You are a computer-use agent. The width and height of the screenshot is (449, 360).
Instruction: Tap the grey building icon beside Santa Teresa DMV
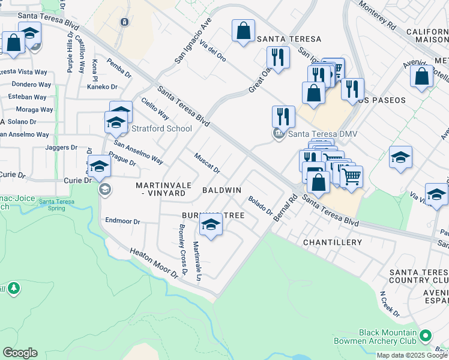(x=278, y=134)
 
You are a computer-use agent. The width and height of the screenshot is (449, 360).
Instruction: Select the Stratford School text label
(x=161, y=128)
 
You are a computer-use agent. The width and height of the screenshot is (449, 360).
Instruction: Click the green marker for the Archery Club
(x=426, y=334)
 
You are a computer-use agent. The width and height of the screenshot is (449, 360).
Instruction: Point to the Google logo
(x=20, y=353)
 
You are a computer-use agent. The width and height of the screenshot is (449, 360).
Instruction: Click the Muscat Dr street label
(x=207, y=163)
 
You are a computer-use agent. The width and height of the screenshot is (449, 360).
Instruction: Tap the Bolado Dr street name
(x=261, y=207)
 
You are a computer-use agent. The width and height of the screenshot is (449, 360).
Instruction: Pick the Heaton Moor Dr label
(x=154, y=263)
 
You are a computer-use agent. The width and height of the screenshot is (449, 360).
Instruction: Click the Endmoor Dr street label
(x=122, y=221)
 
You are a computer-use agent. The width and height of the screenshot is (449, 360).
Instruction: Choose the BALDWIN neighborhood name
(x=221, y=190)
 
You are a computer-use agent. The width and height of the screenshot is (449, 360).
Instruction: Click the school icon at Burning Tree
(x=211, y=225)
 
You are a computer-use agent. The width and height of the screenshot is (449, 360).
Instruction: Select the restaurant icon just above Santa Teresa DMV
(x=283, y=116)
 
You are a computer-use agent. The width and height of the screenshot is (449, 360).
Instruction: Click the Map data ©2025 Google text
(x=411, y=355)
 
